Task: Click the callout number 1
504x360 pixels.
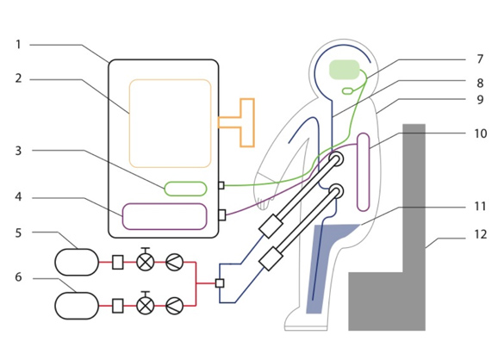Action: pyautogui.click(x=18, y=45)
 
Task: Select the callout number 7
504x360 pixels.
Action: pyautogui.click(x=480, y=59)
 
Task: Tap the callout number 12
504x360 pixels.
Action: pyautogui.click(x=481, y=234)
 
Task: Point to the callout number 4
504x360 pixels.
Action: pyautogui.click(x=18, y=196)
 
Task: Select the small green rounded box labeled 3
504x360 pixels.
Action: pyautogui.click(x=185, y=189)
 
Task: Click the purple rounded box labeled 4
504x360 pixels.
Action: pyautogui.click(x=165, y=216)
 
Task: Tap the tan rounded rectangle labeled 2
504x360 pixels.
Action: pyautogui.click(x=170, y=123)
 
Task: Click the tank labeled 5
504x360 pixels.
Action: pyautogui.click(x=77, y=262)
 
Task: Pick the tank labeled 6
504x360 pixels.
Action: pyautogui.click(x=77, y=306)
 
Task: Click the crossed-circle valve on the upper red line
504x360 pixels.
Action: pyautogui.click(x=146, y=262)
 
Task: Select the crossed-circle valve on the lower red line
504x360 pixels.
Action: pyautogui.click(x=146, y=306)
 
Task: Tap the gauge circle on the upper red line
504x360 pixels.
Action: pyautogui.click(x=175, y=262)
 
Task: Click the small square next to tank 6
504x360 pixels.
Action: pyautogui.click(x=118, y=306)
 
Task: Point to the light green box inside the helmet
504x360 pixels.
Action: pyautogui.click(x=345, y=70)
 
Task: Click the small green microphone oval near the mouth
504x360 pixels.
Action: pyautogui.click(x=347, y=91)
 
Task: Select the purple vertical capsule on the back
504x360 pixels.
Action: pyautogui.click(x=364, y=172)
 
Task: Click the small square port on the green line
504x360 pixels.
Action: pyautogui.click(x=221, y=185)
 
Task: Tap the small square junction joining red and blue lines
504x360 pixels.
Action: pyautogui.click(x=220, y=283)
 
